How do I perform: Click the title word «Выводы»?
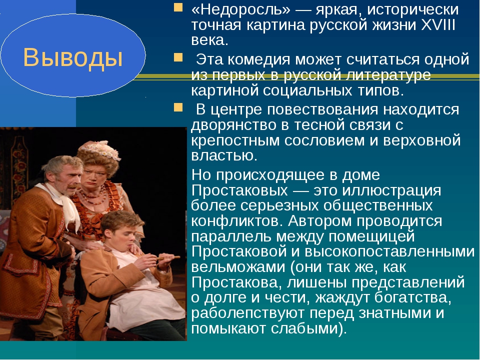(x=73, y=57)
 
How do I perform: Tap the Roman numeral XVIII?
(x=438, y=25)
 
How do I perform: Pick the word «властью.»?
(x=224, y=155)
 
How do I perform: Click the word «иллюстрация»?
(x=391, y=190)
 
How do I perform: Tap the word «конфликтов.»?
(x=236, y=221)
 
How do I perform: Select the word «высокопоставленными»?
(x=389, y=251)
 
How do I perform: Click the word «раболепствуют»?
(x=247, y=313)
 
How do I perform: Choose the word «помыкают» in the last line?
(x=229, y=328)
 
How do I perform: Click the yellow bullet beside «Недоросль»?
(x=178, y=7)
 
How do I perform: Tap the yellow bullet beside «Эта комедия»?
(x=178, y=57)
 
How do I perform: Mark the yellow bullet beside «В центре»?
(x=178, y=107)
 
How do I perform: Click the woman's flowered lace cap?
(x=100, y=149)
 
